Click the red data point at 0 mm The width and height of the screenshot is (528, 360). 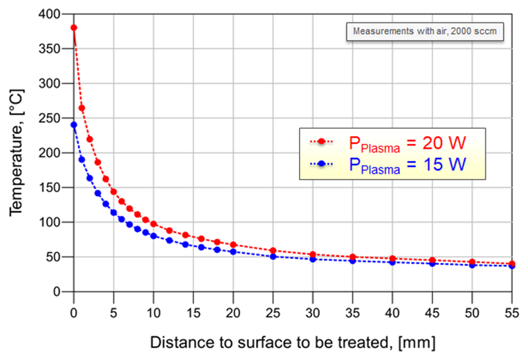pos(74,28)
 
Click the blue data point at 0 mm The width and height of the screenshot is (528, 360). pos(74,125)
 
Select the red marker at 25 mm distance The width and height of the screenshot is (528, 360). pos(273,251)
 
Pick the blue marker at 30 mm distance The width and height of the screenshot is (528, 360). pos(313,260)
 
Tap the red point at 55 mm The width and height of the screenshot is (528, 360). pos(512,264)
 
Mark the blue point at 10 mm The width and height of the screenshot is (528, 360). pos(154,236)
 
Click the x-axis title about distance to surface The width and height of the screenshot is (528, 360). pos(292,343)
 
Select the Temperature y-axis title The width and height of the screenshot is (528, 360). pos(16,153)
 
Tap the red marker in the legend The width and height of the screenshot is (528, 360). pos(322,141)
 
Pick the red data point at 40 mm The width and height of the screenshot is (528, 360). pos(393,259)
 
